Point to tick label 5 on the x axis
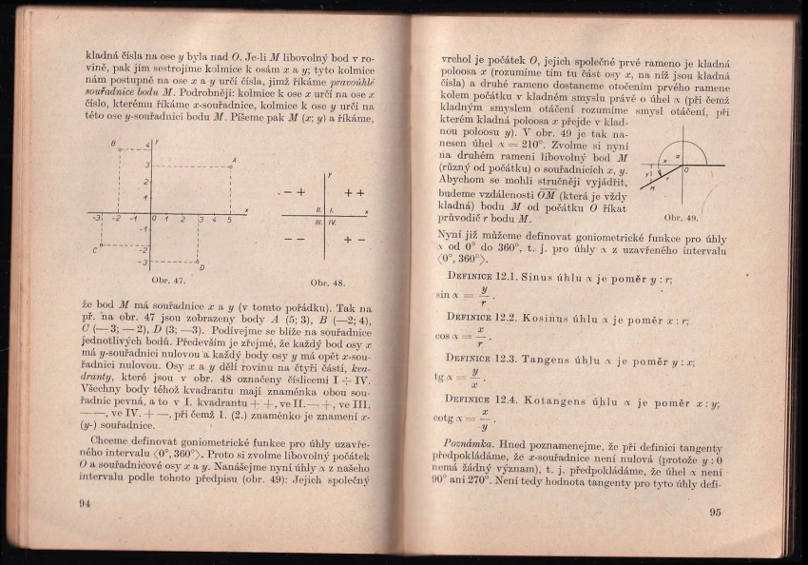point(229,220)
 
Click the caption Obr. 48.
point(327,283)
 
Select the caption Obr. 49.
point(681,218)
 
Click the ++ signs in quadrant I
point(355,192)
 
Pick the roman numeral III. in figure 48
point(318,221)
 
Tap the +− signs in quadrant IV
point(355,240)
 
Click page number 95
point(715,512)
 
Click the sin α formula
point(466,295)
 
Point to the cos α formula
point(467,337)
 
